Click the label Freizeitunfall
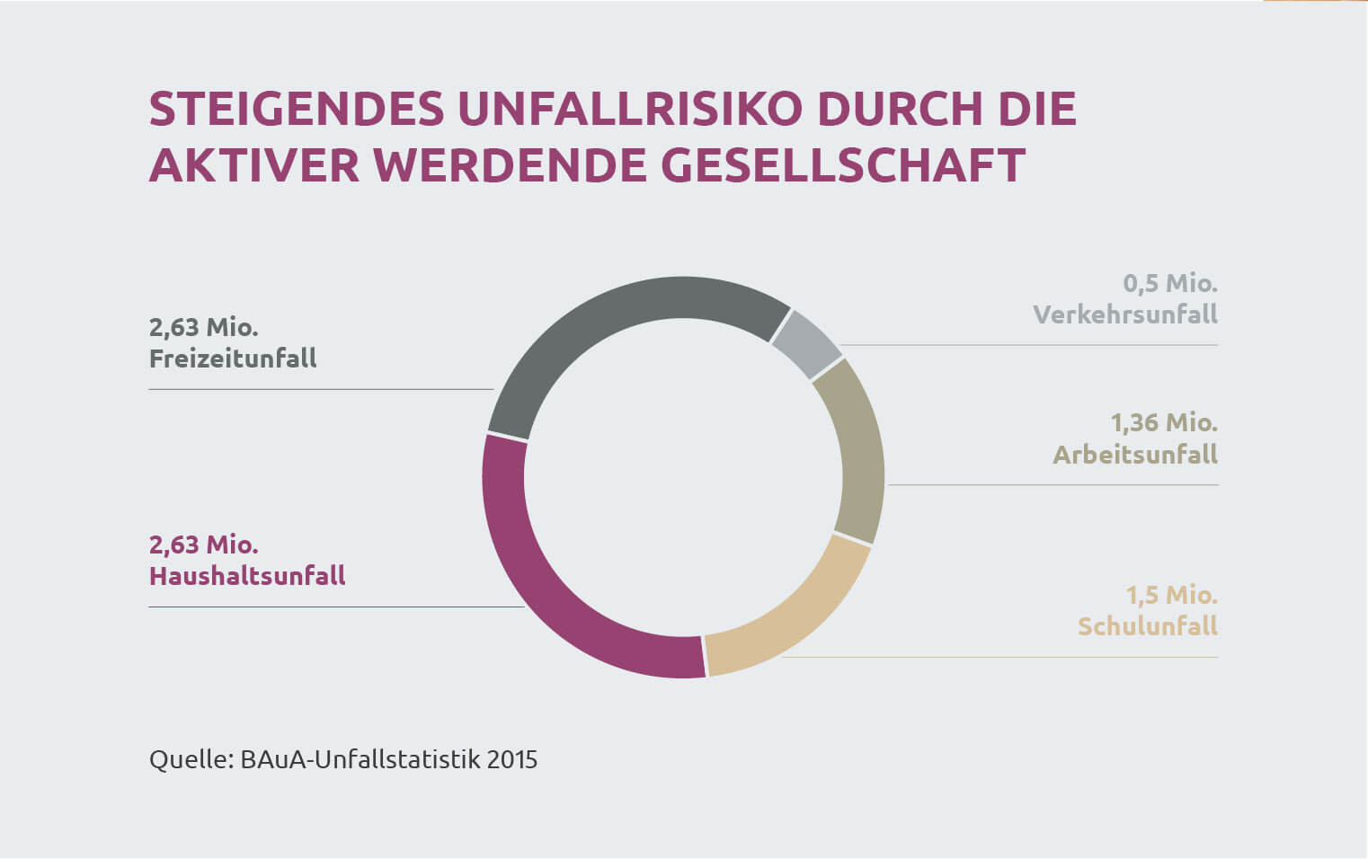[x=233, y=359]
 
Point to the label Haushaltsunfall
[x=247, y=576]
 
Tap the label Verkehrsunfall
[x=1125, y=314]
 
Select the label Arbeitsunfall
[x=1135, y=455]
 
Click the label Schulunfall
[x=1148, y=626]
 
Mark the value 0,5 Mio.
[x=1170, y=284]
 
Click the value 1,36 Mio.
[x=1164, y=422]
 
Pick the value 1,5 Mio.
[x=1172, y=595]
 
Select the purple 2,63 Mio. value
[x=204, y=545]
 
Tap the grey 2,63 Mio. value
[x=204, y=327]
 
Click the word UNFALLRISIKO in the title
[x=629, y=110]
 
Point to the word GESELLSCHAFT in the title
[x=842, y=165]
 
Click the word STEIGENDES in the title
[x=297, y=110]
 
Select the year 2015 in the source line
[x=511, y=760]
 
